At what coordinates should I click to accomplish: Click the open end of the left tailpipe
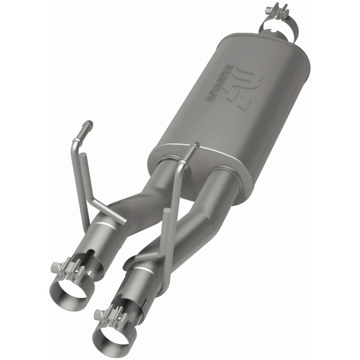point(70,290)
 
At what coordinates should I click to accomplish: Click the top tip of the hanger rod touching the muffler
point(194,145)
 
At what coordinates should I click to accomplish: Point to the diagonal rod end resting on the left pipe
point(122,221)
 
